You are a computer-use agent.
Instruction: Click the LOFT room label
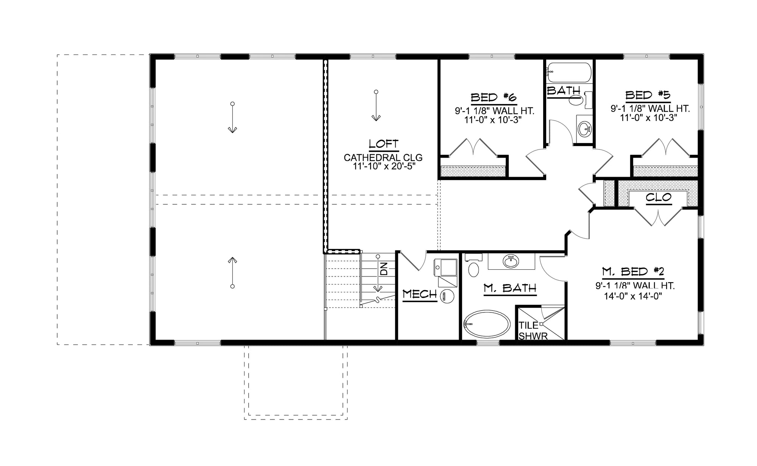coord(383,144)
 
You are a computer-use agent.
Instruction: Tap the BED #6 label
coord(494,97)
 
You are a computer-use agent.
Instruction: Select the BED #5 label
coord(648,95)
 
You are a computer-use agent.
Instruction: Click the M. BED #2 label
coord(632,271)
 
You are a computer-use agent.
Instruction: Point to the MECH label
coord(420,294)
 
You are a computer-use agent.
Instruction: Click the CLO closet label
coord(658,197)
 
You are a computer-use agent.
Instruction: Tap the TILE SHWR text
coord(533,331)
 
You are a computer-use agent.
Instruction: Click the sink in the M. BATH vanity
coord(511,261)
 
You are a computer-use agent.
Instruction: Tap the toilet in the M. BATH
coord(474,268)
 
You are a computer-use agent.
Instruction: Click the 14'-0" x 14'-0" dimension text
coord(635,297)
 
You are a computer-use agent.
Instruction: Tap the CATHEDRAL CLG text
coord(383,157)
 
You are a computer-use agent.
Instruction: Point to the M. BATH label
coord(510,289)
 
